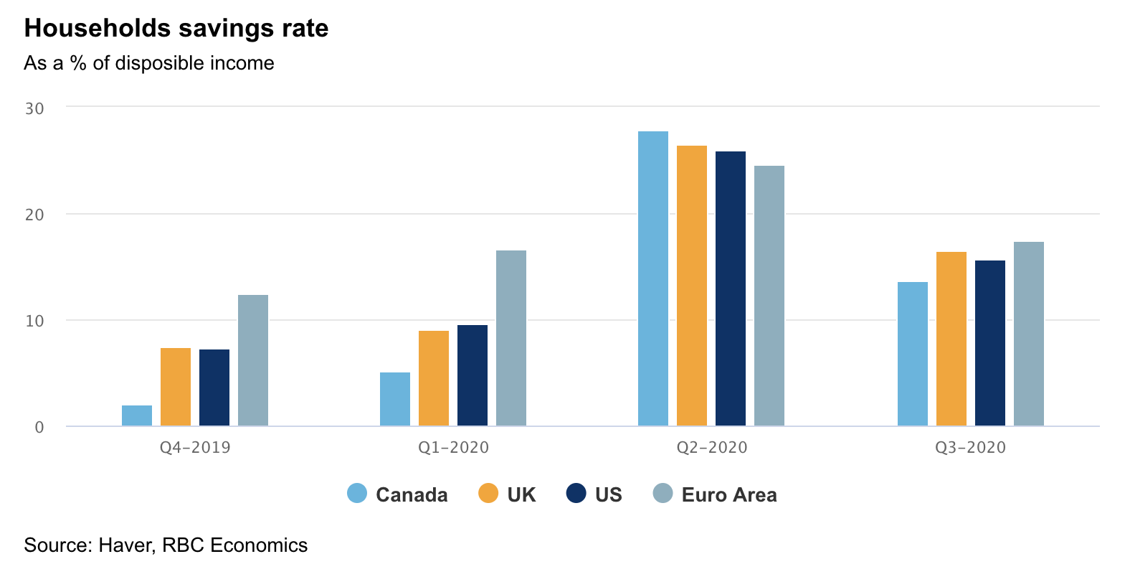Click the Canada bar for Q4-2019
pos(137,416)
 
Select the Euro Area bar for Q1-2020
pos(511,338)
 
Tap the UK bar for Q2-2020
pos(692,286)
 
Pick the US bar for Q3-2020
pos(990,343)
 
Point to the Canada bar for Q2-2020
pos(653,278)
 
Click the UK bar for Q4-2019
pos(176,387)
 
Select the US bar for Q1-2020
pos(473,375)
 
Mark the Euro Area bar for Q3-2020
pos(1029,334)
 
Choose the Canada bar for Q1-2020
pos(395,399)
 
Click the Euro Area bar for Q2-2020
pos(769,296)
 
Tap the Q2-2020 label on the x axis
pos(712,448)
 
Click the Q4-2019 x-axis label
pos(195,448)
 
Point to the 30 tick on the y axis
pos(34,108)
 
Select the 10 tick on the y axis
pos(34,321)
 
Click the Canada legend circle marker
pos(357,494)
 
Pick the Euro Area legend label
pos(729,494)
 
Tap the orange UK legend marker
pos(488,494)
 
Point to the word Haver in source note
pos(126,545)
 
